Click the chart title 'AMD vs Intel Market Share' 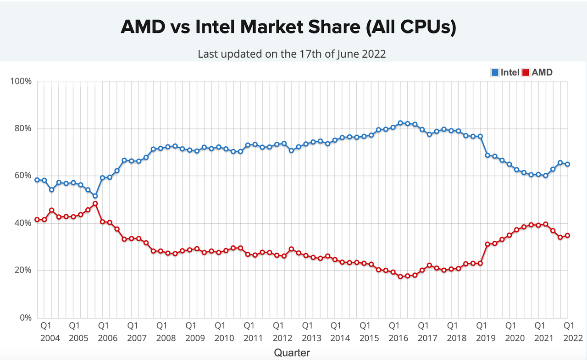(288, 28)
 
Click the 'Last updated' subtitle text (292, 54)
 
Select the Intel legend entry (505, 72)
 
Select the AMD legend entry (538, 72)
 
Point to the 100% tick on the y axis (21, 82)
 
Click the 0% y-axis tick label (25, 318)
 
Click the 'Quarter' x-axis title (292, 353)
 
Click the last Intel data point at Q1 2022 (568, 164)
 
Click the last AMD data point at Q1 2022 (568, 235)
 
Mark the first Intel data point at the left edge (37, 180)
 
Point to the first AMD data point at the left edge (37, 220)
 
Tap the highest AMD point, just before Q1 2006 (95, 204)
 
